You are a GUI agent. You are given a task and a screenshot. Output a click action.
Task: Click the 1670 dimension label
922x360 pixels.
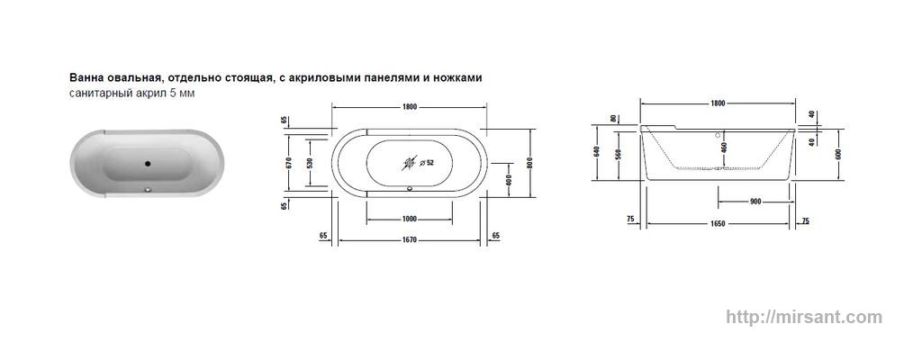click(x=410, y=240)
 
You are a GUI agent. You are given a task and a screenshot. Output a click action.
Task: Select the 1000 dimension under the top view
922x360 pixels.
click(x=410, y=220)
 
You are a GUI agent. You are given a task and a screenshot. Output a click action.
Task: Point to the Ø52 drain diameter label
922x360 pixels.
click(x=427, y=163)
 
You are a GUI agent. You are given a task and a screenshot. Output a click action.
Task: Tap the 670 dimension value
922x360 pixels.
click(x=288, y=162)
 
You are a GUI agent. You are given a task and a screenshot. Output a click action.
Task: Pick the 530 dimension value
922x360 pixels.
click(x=310, y=162)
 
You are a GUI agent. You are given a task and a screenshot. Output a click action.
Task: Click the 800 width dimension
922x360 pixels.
click(x=529, y=162)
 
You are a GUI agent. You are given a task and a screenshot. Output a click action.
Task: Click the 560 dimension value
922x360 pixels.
click(x=618, y=154)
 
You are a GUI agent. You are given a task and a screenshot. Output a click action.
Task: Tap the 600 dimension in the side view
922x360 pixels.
click(x=838, y=154)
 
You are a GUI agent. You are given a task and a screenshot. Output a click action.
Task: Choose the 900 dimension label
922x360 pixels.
click(x=755, y=202)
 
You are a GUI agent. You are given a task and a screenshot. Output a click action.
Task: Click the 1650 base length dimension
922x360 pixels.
click(x=718, y=223)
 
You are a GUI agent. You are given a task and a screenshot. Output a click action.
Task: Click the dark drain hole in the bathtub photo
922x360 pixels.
click(x=148, y=164)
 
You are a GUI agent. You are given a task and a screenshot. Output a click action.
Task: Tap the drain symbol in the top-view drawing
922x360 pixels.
click(x=410, y=163)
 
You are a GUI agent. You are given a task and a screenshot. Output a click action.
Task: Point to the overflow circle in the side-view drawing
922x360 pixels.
click(x=718, y=134)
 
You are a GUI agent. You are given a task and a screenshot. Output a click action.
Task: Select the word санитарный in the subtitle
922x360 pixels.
click(x=95, y=93)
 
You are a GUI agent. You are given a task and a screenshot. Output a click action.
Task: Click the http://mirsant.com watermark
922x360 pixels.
click(x=804, y=317)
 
